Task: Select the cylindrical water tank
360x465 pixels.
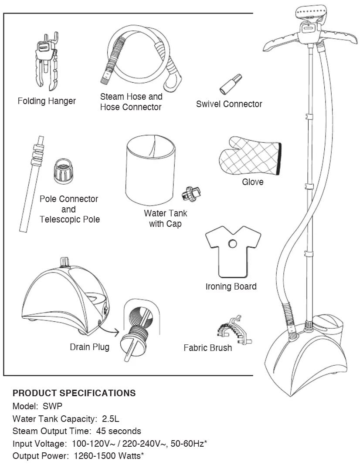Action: [151, 174]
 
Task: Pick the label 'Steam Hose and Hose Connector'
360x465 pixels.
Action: [131, 102]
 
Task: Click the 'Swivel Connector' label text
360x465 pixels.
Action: [229, 104]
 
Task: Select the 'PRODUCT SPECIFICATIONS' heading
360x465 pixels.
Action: [74, 393]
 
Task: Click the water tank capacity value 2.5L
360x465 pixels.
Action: [111, 419]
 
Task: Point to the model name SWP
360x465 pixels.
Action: [53, 406]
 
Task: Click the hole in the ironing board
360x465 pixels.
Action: [232, 243]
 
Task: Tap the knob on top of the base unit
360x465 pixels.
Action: [65, 262]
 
